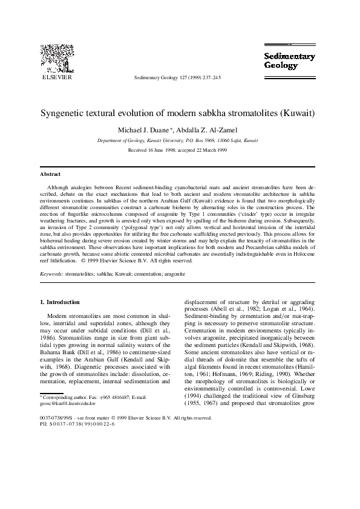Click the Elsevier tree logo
click(56, 59)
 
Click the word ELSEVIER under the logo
click(56, 78)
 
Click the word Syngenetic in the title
click(65, 113)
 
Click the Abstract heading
click(50, 174)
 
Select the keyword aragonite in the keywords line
click(173, 274)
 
